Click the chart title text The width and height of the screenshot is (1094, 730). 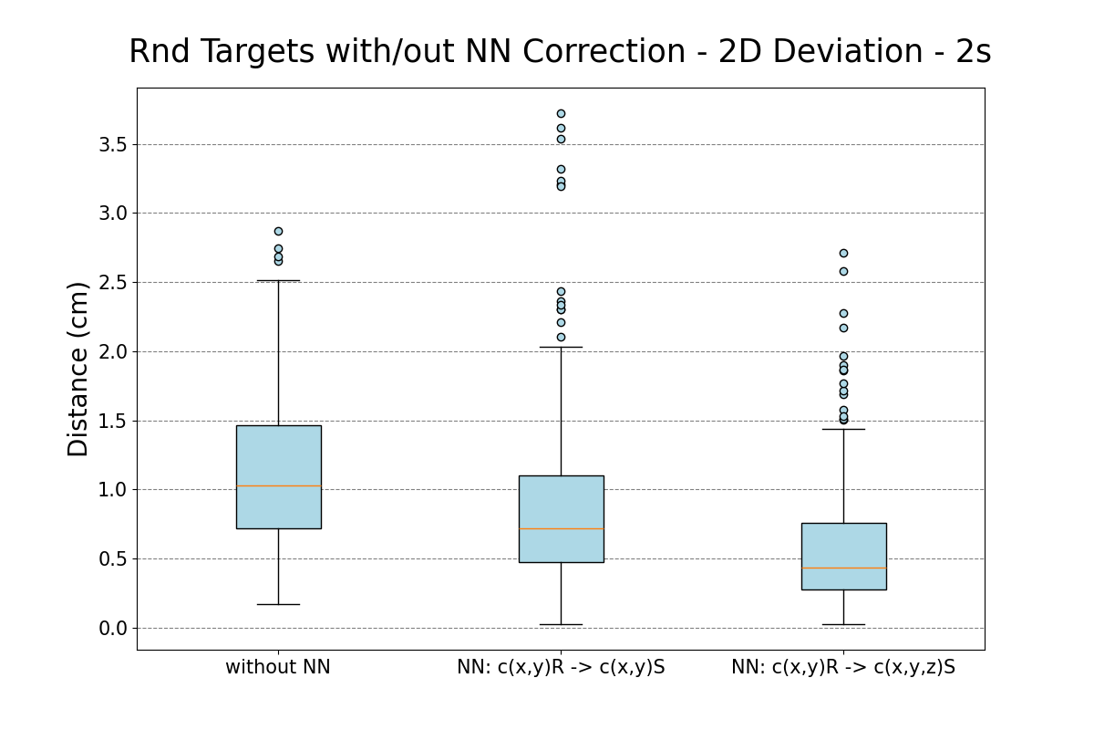(559, 52)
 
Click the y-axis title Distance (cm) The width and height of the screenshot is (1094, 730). (78, 369)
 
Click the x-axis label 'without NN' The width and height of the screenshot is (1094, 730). (278, 667)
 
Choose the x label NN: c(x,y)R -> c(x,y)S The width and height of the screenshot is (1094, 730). (561, 667)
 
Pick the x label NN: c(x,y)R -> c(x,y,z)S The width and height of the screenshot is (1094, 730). (843, 667)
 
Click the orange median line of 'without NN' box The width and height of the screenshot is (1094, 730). (278, 485)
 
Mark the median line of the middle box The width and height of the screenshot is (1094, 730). (561, 528)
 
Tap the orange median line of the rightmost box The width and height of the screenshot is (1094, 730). (843, 568)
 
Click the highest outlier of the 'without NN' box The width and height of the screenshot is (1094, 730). (278, 231)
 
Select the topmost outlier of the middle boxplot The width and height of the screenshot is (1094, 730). (561, 113)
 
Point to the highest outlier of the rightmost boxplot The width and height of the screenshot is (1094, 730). (843, 253)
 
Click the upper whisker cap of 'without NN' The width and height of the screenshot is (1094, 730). (278, 280)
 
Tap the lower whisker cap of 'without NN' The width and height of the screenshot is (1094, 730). (278, 604)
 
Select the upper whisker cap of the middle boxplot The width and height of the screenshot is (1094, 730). (561, 347)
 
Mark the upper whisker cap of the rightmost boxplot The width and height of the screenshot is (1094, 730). (843, 429)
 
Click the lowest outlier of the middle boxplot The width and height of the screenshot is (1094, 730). (561, 337)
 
